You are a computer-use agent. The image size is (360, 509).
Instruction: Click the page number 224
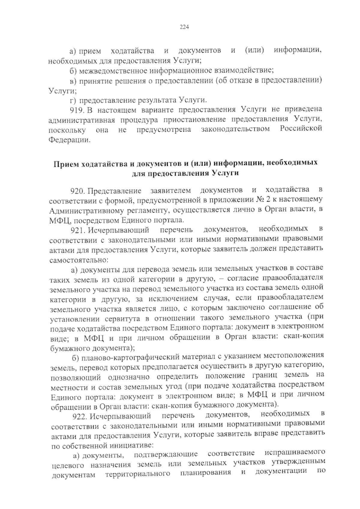184,27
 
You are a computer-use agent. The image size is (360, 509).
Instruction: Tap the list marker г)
73,99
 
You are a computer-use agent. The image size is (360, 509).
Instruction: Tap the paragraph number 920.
78,191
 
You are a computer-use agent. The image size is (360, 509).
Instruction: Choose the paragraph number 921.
78,230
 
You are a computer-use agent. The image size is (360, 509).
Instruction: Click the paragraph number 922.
80,416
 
